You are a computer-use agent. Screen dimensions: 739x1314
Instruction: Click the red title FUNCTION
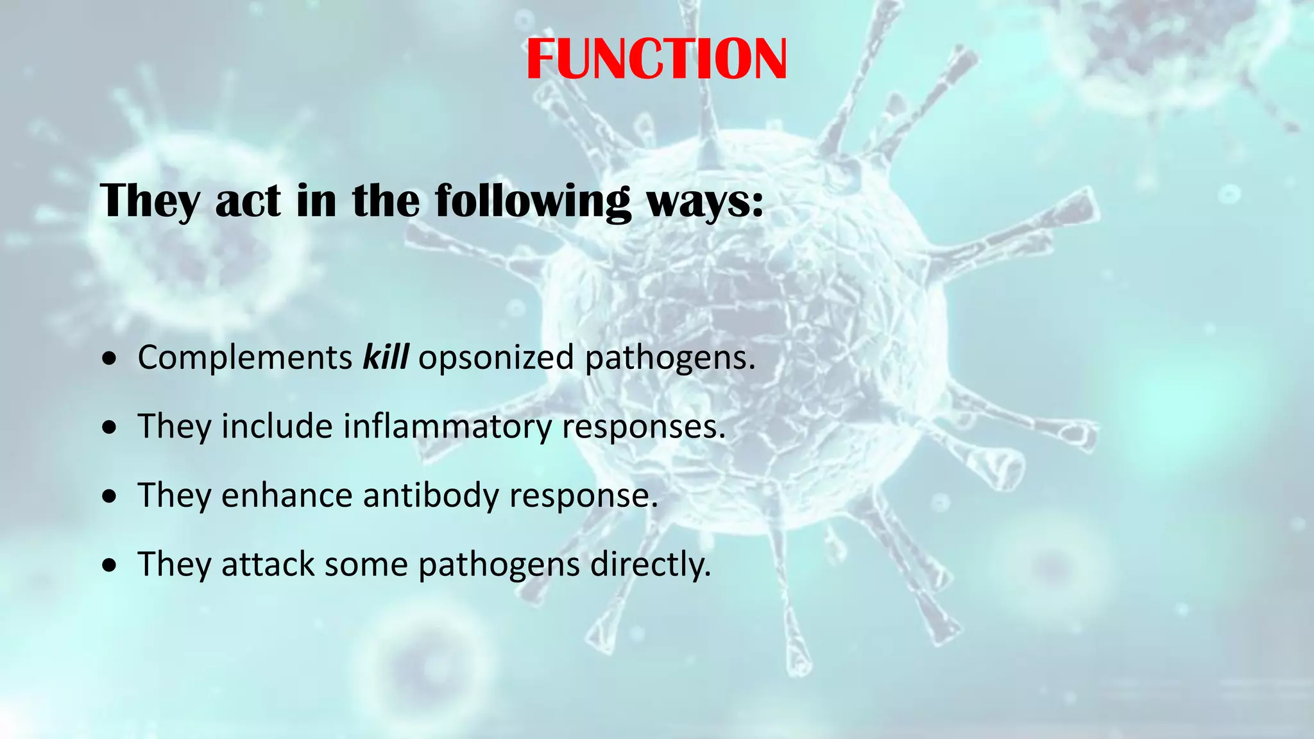coord(656,59)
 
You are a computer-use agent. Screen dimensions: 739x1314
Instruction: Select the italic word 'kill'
coord(386,357)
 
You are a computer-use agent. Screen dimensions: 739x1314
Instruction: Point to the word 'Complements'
coord(245,358)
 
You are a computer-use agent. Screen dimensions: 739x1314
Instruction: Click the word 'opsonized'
coord(496,358)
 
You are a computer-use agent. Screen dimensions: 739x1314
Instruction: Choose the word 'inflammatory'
coord(447,427)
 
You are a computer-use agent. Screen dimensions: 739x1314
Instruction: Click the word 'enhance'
coord(286,495)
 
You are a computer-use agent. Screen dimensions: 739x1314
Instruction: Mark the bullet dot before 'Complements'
coord(110,359)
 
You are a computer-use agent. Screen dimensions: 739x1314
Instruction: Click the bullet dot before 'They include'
coord(110,428)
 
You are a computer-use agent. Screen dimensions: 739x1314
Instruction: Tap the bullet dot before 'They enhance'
coord(110,497)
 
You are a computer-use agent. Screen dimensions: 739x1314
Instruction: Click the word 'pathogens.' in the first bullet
coord(670,358)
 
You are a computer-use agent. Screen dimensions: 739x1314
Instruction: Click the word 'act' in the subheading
coord(248,201)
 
